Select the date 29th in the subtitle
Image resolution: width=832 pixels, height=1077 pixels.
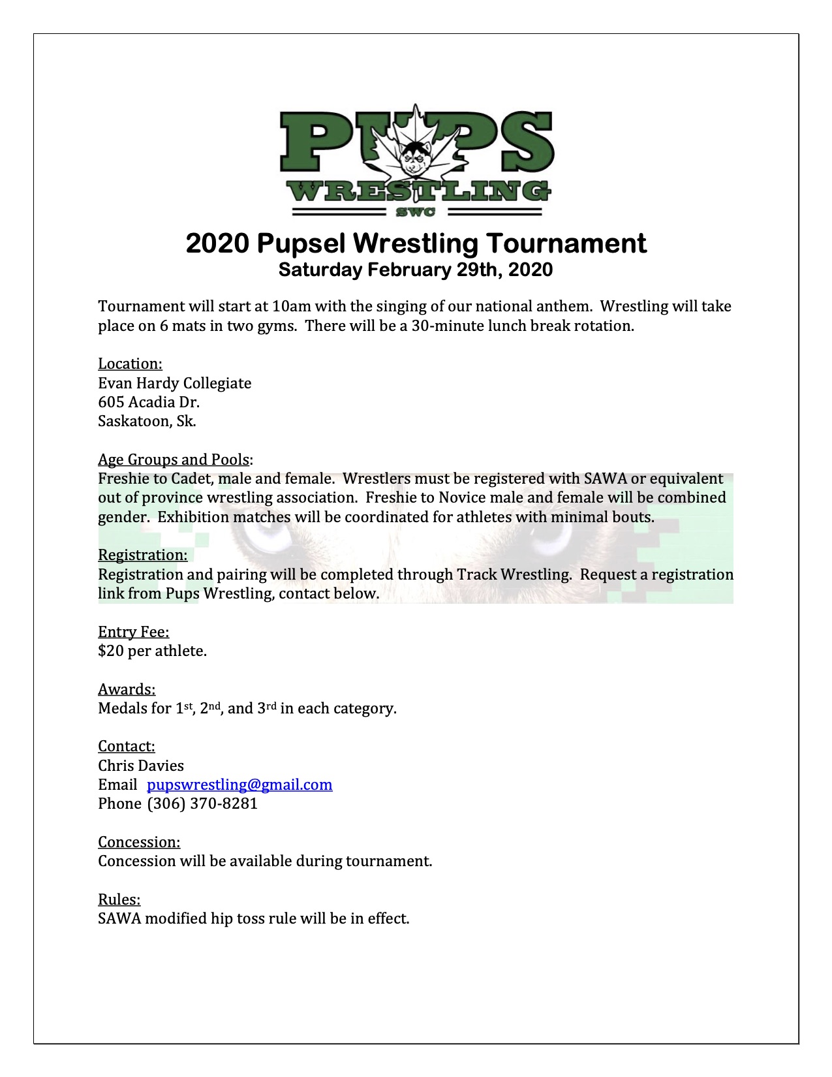coord(478,270)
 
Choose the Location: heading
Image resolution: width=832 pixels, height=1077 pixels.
coord(130,364)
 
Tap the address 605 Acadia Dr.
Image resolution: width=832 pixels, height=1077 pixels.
coord(149,402)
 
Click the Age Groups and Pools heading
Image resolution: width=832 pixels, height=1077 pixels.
coord(174,460)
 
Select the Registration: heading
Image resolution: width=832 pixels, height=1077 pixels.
coord(142,555)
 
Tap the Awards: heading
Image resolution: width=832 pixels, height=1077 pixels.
coord(127,689)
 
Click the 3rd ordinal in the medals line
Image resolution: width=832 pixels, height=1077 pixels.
coord(267,708)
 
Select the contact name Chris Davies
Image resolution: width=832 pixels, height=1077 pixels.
coord(141,766)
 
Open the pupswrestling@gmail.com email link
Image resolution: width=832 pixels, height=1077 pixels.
coord(239,785)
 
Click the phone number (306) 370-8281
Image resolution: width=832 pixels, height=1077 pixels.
coord(202,804)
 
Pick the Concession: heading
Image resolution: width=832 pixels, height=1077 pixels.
coord(139,842)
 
